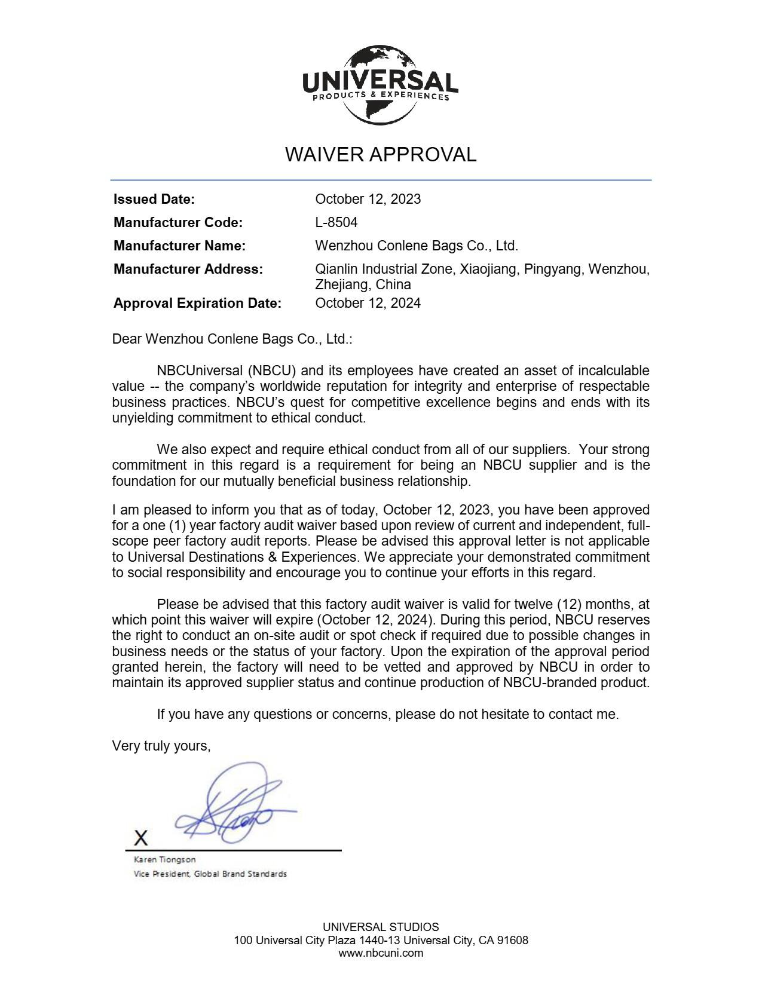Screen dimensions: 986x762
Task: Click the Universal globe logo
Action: pos(380,84)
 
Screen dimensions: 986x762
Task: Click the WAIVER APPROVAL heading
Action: pos(381,155)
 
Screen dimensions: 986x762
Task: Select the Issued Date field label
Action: pos(154,200)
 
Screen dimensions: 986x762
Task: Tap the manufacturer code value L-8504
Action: pos(336,223)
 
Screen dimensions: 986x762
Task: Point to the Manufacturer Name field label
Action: pos(179,246)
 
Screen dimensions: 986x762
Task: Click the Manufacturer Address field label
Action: pos(188,270)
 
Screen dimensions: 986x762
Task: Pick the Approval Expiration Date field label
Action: pos(197,304)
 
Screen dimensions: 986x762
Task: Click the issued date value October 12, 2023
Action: pos(368,200)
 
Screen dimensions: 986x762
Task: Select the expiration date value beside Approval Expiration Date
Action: pos(368,304)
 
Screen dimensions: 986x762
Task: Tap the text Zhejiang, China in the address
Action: pos(363,284)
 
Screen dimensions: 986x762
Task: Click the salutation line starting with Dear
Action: pos(232,339)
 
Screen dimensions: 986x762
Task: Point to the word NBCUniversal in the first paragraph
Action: pos(200,371)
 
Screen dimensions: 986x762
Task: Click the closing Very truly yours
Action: pos(161,746)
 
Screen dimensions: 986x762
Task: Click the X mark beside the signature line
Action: pos(140,838)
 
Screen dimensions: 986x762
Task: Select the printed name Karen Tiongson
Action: pos(164,860)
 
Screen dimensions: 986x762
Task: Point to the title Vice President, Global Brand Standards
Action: pos(210,874)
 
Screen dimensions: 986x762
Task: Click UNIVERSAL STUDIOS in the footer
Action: pos(381,927)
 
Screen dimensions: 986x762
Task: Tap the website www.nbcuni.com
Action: pos(381,953)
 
